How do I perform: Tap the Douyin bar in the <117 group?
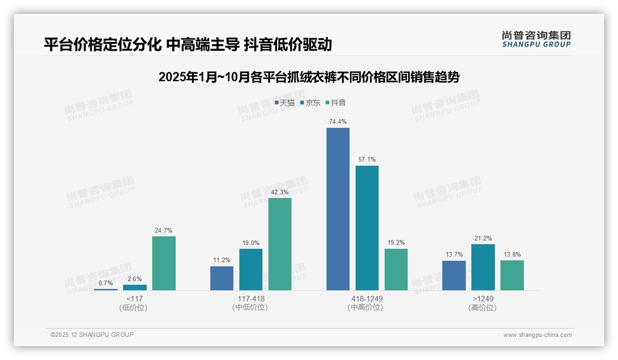(x=164, y=263)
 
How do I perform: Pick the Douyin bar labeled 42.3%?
(x=280, y=244)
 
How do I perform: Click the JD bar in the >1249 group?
(x=483, y=267)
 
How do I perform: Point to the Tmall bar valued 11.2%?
(x=222, y=278)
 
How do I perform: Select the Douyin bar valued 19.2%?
(x=396, y=270)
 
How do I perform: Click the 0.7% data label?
(x=106, y=283)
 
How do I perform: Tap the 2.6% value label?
(x=135, y=279)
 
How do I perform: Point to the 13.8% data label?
(x=512, y=254)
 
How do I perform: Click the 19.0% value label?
(x=251, y=243)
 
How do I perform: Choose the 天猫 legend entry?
(x=285, y=102)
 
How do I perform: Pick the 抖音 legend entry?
(x=336, y=102)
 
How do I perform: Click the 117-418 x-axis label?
(x=251, y=299)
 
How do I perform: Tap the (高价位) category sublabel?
(x=482, y=307)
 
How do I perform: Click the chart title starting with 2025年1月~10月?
(x=309, y=77)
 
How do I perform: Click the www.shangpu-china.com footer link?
(x=537, y=335)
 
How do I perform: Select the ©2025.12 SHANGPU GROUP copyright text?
(x=92, y=335)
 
